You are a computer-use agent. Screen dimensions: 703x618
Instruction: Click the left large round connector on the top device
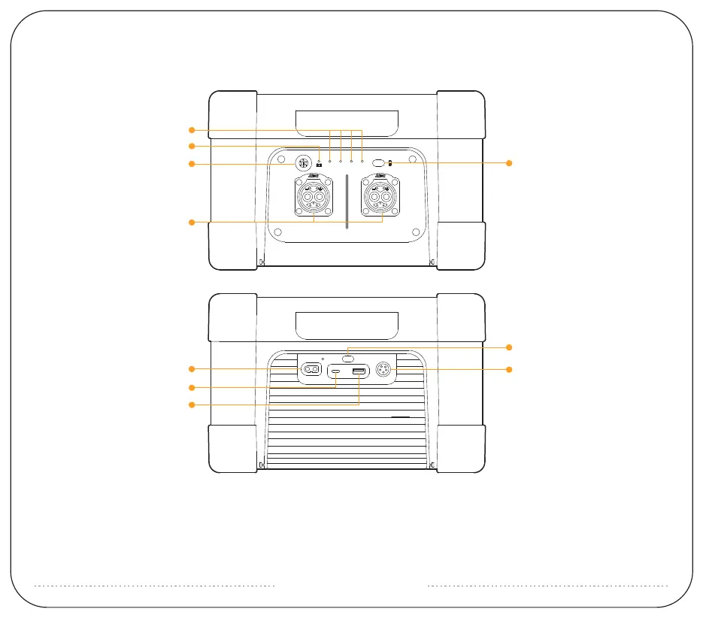pyautogui.click(x=314, y=198)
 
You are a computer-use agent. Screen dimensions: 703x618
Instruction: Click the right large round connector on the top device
pyautogui.click(x=381, y=198)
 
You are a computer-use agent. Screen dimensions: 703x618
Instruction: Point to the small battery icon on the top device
pyautogui.click(x=320, y=163)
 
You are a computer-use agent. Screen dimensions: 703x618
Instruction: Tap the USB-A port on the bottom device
pyautogui.click(x=359, y=372)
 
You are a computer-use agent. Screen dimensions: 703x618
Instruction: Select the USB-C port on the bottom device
pyautogui.click(x=336, y=372)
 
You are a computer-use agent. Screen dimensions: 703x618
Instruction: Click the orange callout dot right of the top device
pyautogui.click(x=509, y=162)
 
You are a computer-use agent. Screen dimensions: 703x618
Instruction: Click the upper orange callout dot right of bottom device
pyautogui.click(x=509, y=347)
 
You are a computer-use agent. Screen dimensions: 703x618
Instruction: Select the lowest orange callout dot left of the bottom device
pyautogui.click(x=192, y=405)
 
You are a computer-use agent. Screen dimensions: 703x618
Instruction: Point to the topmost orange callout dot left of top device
pyautogui.click(x=192, y=129)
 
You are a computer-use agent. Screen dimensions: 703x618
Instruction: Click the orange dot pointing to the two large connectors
pyautogui.click(x=192, y=222)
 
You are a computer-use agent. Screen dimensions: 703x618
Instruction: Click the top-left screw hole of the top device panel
pyautogui.click(x=277, y=160)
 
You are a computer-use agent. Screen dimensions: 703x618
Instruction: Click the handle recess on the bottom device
pyautogui.click(x=347, y=324)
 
